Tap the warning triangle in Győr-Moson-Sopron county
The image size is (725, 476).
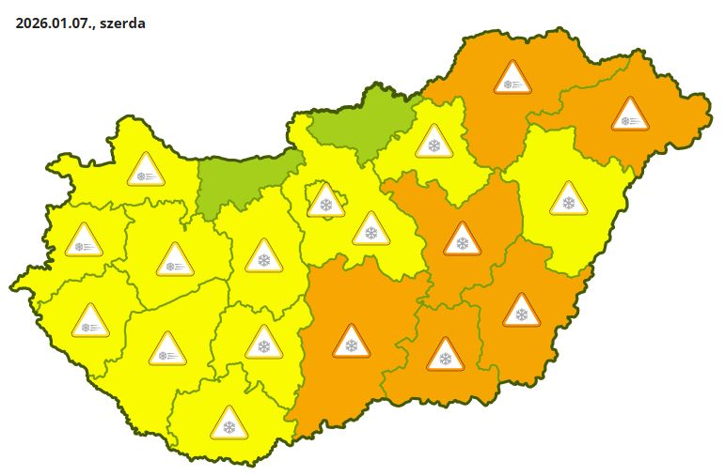146,171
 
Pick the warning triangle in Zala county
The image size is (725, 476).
90,322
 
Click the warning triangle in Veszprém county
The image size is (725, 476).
175,261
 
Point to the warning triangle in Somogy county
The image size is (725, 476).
168,350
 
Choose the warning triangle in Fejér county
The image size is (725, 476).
263,256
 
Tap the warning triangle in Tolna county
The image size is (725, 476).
263,344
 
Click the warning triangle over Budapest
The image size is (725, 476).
325,201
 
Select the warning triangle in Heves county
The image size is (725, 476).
433,142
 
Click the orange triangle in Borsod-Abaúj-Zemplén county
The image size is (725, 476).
512,79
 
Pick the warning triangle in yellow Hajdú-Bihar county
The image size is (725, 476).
567,198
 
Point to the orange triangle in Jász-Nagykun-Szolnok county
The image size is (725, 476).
461,239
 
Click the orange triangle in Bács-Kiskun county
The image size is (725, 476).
351,342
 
